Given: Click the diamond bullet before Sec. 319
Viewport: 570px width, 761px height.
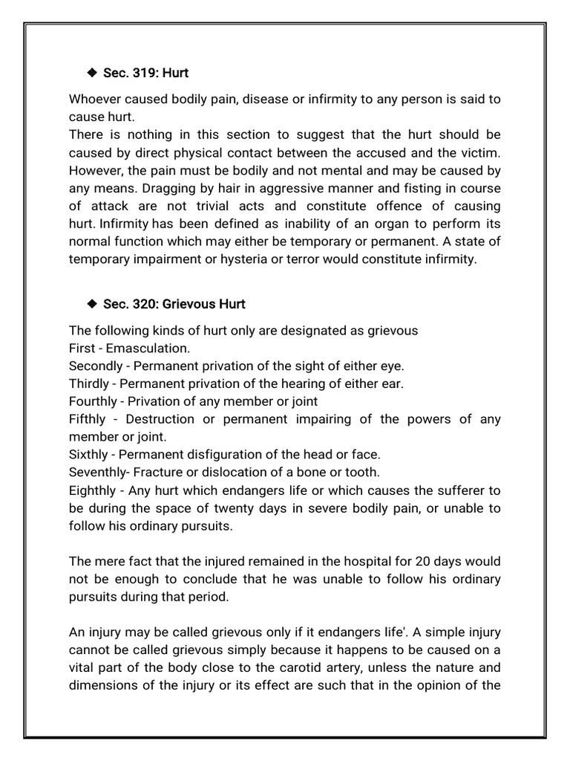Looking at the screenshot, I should pos(92,73).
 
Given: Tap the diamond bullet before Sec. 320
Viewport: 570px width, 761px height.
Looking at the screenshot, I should pos(92,303).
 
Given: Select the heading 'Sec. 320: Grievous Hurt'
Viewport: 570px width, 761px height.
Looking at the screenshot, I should pos(174,304).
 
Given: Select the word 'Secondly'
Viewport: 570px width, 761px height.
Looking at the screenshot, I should pos(93,366).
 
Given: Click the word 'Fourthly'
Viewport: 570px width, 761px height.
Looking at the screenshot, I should pos(93,401).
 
